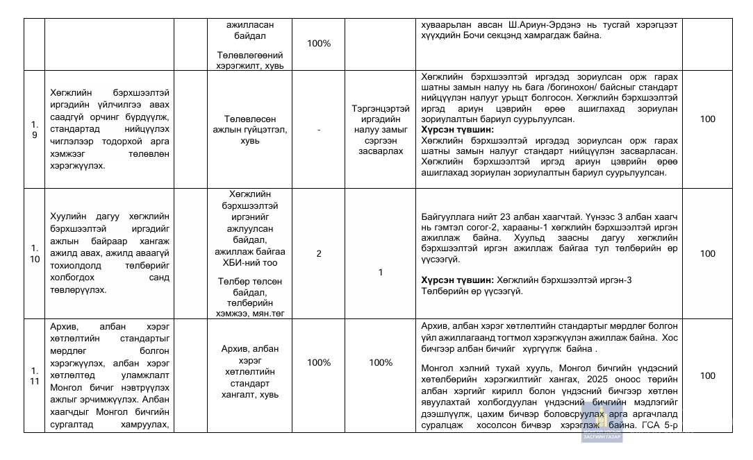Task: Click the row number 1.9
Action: coord(34,130)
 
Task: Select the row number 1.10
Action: coord(34,253)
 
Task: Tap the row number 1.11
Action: coord(34,375)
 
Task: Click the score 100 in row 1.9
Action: coord(707,119)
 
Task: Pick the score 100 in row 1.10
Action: coord(707,253)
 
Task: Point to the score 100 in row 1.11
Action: coord(707,375)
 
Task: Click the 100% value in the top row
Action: coord(319,43)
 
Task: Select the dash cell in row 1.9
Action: coord(319,130)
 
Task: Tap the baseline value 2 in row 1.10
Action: coord(319,253)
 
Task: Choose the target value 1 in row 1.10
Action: coord(380,273)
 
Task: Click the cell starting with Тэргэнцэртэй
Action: coord(380,130)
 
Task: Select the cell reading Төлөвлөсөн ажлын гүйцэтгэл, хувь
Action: coord(250,130)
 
